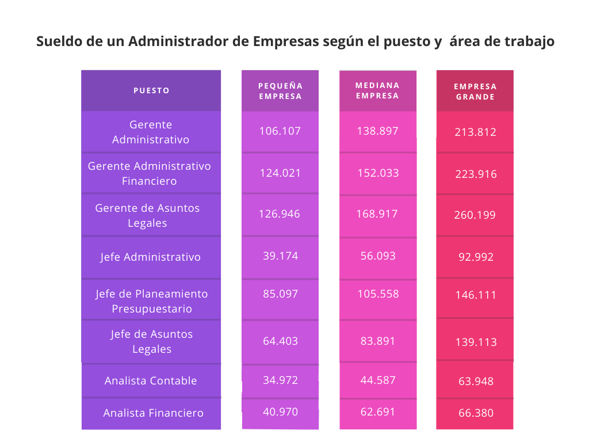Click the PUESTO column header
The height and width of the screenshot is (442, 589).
pos(151,90)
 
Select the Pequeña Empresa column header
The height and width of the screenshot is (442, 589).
pos(280,91)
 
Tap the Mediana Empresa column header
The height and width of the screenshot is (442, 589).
pos(377,90)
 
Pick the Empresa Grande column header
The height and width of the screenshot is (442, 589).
pos(475,92)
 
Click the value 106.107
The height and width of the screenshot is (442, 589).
pos(280,131)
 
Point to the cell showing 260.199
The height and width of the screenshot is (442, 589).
pos(475,215)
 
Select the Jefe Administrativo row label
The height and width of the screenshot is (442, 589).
pos(151,257)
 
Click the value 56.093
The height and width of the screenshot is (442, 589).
pos(378,256)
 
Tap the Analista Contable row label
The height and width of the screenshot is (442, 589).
pos(151,380)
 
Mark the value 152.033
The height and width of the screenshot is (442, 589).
pos(378,173)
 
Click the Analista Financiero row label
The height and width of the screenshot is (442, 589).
pos(154,413)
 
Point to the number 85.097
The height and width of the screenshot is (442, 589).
pos(280,294)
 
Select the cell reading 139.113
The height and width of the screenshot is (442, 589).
pos(475,342)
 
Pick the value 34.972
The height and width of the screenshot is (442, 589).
pos(280,380)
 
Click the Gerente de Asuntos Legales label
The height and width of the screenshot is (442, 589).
pos(147,215)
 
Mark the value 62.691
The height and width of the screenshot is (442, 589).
pos(378,412)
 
